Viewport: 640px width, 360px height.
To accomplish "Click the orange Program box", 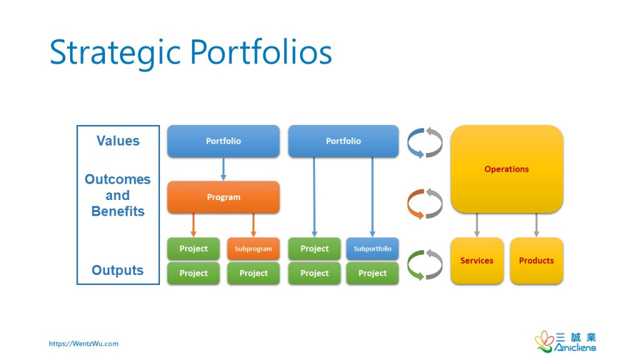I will [x=223, y=197].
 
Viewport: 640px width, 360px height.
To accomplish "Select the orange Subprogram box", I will [x=253, y=249].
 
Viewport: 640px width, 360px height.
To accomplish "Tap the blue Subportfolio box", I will [x=372, y=249].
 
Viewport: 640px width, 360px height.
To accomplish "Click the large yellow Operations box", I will [x=506, y=169].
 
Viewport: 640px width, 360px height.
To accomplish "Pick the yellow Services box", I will [x=477, y=261].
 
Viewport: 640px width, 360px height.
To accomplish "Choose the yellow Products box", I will [x=536, y=261].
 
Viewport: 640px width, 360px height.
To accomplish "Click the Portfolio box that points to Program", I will [x=223, y=141].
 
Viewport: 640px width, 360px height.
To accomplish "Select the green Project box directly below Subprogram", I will [x=253, y=273].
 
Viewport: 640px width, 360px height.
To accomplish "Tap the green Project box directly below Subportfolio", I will [x=372, y=273].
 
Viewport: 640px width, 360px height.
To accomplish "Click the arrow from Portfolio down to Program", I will [x=223, y=169].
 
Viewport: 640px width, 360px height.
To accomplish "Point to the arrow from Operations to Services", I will [x=477, y=225].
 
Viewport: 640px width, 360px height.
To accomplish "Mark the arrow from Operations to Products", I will [x=536, y=225].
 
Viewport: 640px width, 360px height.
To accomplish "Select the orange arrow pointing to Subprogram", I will [x=253, y=225].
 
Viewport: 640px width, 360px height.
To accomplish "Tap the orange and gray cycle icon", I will [x=425, y=203].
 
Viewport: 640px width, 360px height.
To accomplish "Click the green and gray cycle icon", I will [x=425, y=264].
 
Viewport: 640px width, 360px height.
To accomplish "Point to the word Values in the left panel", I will [x=118, y=141].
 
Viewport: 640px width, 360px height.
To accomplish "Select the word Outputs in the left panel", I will [x=117, y=271].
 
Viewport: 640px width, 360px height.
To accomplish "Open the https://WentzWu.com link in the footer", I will [x=84, y=343].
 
